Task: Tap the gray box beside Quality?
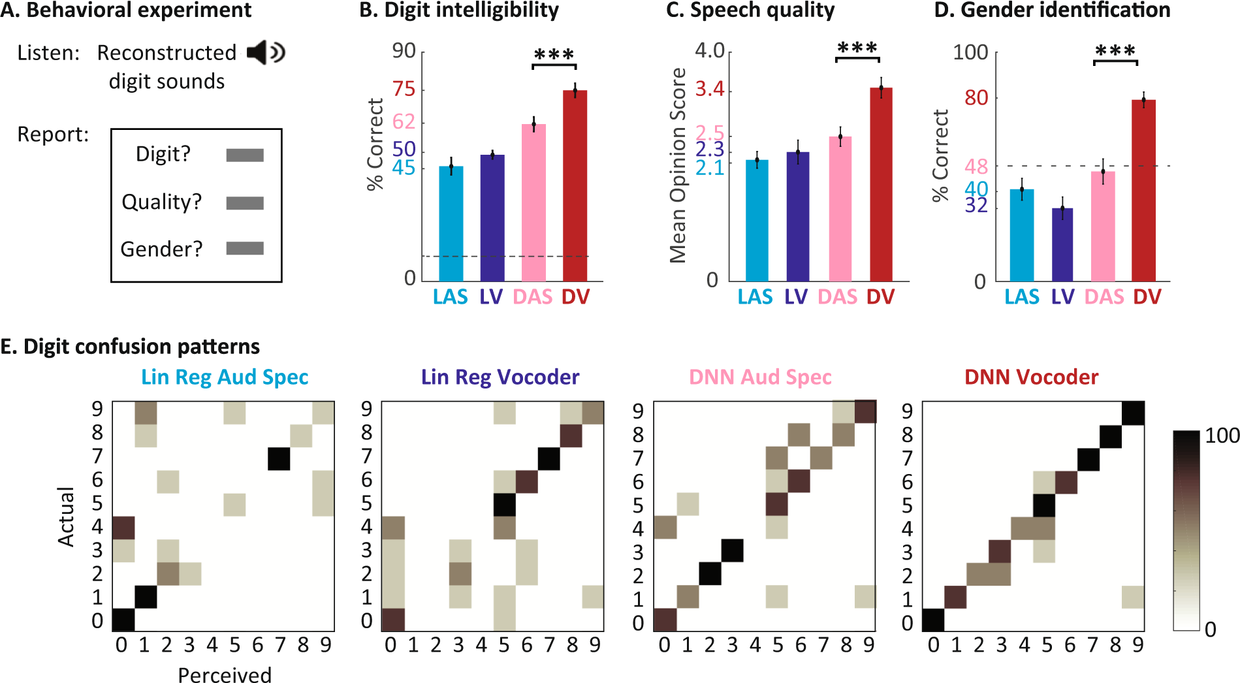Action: [245, 203]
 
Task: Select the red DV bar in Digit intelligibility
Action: [575, 186]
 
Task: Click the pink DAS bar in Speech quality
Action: [840, 209]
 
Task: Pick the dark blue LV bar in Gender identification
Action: [1062, 245]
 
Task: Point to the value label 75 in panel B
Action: [404, 89]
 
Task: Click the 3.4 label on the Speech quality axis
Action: [710, 89]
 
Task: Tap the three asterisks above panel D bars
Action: [1115, 51]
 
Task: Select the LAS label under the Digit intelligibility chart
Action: [450, 297]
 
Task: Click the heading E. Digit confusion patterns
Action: [130, 346]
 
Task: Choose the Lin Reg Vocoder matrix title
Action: [500, 377]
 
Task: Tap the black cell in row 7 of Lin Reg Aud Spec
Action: [279, 458]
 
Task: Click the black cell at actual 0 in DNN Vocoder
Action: [933, 620]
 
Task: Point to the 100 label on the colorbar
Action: [1222, 436]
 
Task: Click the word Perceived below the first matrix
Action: [225, 675]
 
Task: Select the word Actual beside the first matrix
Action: [66, 516]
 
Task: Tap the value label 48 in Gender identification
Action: [976, 167]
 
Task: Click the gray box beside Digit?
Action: [245, 155]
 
